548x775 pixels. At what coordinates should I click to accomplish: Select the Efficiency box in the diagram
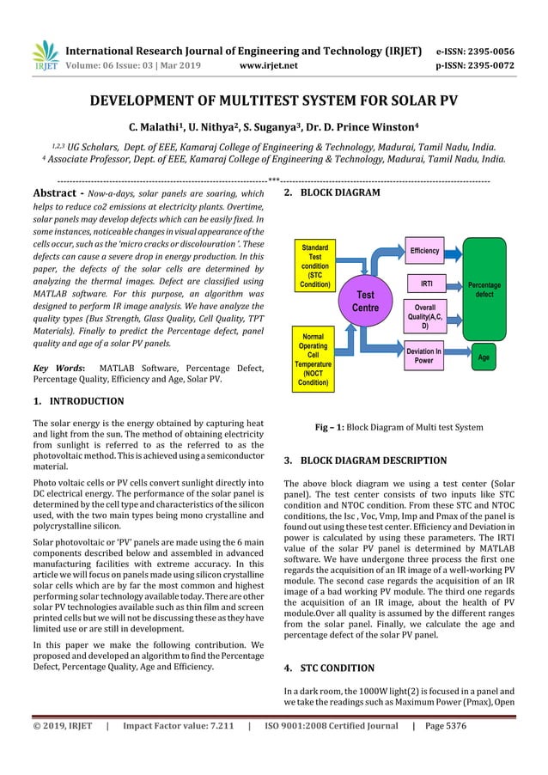click(424, 251)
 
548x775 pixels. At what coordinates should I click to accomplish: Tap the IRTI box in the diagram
click(424, 282)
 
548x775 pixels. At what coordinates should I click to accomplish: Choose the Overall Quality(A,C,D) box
click(424, 317)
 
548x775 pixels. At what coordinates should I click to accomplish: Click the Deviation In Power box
click(424, 355)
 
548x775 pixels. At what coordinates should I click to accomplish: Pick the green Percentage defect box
click(484, 289)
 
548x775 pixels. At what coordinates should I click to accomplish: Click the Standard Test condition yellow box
click(315, 265)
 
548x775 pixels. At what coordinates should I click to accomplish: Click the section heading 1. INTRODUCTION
click(77, 401)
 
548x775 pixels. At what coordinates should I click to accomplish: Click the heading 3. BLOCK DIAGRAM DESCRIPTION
click(364, 461)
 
